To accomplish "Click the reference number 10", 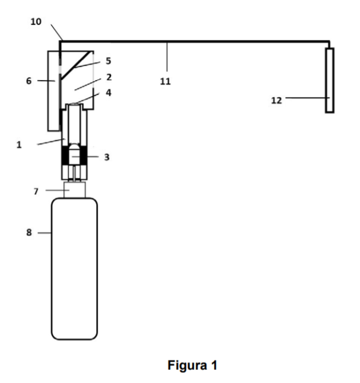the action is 36,22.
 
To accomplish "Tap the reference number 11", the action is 165,81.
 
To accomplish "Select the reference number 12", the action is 276,100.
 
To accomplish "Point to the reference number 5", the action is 109,61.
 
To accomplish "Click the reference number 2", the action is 109,77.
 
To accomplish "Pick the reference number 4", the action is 109,93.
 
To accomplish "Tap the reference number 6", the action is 29,81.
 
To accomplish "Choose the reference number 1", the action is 19,145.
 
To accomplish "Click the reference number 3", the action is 107,157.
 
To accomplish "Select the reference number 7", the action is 36,191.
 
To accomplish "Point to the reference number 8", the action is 29,232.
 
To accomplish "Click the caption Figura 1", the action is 192,365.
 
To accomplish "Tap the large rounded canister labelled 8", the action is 74,269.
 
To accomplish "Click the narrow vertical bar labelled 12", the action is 330,81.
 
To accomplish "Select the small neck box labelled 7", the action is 75,190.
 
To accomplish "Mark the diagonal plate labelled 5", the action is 77,65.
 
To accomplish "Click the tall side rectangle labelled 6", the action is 54,91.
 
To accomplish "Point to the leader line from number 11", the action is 167,57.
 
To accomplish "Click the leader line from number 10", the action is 57,32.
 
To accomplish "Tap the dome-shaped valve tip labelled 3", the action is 74,154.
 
